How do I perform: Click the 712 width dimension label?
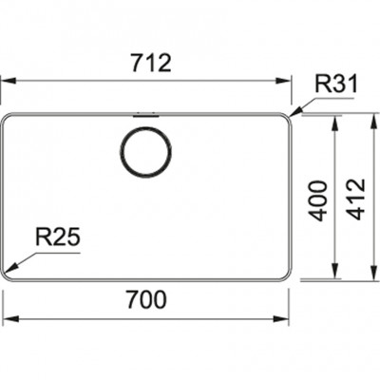pyautogui.click(x=151, y=63)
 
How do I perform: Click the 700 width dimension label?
pyautogui.click(x=146, y=299)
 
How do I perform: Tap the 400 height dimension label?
pyautogui.click(x=317, y=200)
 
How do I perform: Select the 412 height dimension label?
pyautogui.click(x=356, y=199)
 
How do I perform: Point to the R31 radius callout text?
pyautogui.click(x=336, y=85)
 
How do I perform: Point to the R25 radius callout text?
pyautogui.click(x=57, y=237)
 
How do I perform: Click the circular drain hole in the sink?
pyautogui.click(x=145, y=151)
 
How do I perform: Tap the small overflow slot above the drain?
pyautogui.click(x=145, y=115)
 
